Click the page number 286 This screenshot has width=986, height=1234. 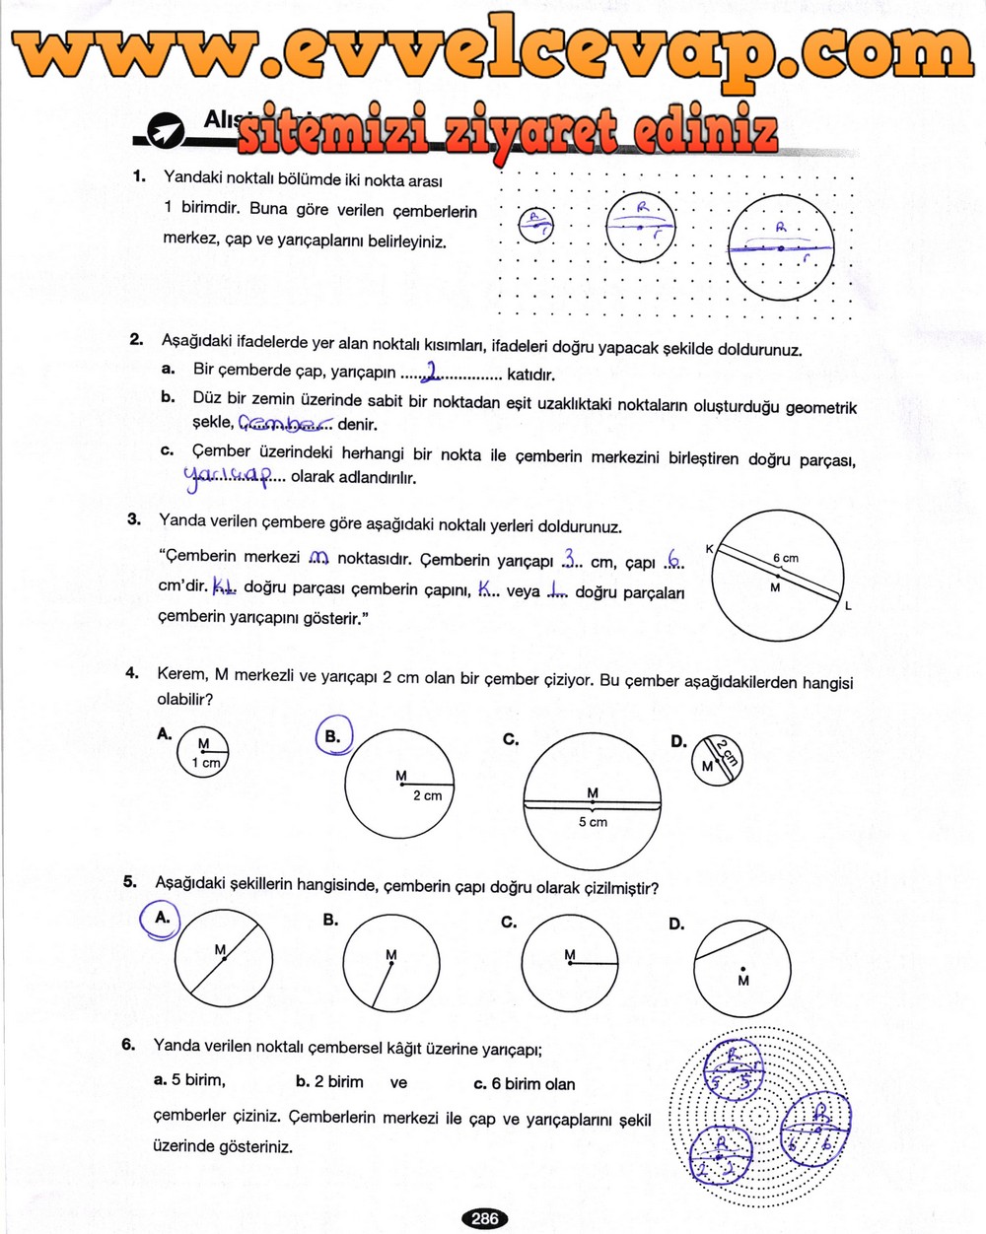click(484, 1218)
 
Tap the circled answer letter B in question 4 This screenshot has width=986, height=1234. click(333, 735)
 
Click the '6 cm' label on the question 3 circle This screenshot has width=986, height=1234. click(785, 558)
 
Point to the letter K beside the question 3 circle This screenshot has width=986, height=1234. click(709, 548)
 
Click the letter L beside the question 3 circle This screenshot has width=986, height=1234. click(847, 606)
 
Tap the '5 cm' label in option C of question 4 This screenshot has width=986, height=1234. click(592, 821)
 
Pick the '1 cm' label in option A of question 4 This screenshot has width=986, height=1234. click(206, 762)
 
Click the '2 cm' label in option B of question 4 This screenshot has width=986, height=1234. click(427, 794)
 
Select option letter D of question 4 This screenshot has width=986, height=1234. click(678, 741)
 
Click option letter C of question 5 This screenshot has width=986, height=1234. click(509, 923)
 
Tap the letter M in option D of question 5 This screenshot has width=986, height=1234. click(742, 981)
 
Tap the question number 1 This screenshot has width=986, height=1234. click(139, 176)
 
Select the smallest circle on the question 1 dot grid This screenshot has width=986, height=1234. click(534, 224)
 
